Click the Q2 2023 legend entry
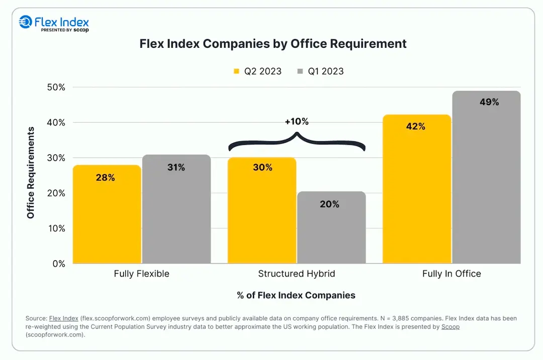coord(257,71)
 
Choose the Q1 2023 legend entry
coord(320,71)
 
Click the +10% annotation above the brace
coord(296,121)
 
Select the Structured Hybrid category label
coord(296,274)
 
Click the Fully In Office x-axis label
coord(451,274)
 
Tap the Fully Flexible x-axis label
coord(141,274)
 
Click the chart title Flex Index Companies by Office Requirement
coord(273,44)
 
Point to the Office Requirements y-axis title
coord(31,172)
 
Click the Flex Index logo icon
coord(25,22)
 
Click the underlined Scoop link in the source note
coord(450,327)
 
